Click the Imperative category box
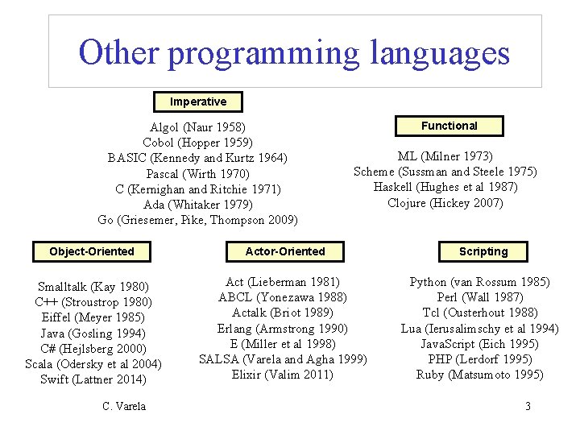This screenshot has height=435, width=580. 198,101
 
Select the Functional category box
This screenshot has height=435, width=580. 449,126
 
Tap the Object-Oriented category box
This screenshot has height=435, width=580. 92,251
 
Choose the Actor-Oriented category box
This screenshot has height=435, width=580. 285,251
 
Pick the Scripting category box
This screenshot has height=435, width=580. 483,251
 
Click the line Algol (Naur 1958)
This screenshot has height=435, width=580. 198,127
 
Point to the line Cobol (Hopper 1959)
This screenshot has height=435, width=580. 198,143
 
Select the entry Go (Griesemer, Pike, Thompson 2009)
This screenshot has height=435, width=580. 198,220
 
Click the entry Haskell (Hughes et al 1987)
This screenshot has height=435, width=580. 445,187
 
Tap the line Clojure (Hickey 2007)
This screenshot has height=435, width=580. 445,203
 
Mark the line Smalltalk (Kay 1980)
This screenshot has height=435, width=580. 93,287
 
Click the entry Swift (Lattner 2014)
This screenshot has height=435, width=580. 93,379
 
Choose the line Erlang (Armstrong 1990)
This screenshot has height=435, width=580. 283,328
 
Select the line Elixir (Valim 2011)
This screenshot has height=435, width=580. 283,375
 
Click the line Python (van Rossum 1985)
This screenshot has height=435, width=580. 480,282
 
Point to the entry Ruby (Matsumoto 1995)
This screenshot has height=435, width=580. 480,375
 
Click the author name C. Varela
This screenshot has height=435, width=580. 124,406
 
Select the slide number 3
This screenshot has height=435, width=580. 528,406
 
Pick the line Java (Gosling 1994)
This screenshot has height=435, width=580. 93,333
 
